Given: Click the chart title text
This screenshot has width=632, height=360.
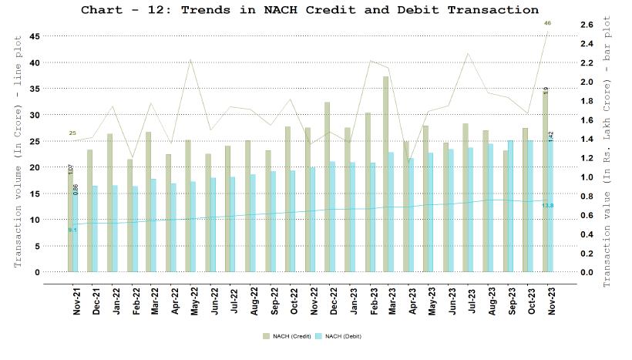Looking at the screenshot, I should coord(310,10).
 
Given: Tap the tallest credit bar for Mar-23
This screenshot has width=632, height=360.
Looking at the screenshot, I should coord(385,173).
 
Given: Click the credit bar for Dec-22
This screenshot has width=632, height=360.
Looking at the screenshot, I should coord(327,187).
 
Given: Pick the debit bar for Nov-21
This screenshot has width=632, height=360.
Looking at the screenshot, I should coord(76,231).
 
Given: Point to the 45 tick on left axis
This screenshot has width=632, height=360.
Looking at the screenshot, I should coord(35,36).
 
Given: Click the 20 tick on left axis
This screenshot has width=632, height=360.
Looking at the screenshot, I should coord(35,167).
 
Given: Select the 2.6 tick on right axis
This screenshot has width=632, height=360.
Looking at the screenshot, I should coord(586,25).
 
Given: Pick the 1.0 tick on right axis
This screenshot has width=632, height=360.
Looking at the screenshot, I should coord(586,177).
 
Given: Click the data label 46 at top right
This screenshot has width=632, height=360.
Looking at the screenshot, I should coord(547,24).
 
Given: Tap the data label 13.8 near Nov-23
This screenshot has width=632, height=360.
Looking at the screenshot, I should coord(547,205).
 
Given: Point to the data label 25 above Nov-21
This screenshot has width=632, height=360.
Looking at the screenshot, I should coord(72,133).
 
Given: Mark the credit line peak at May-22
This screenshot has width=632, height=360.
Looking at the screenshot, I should coord(190,59).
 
